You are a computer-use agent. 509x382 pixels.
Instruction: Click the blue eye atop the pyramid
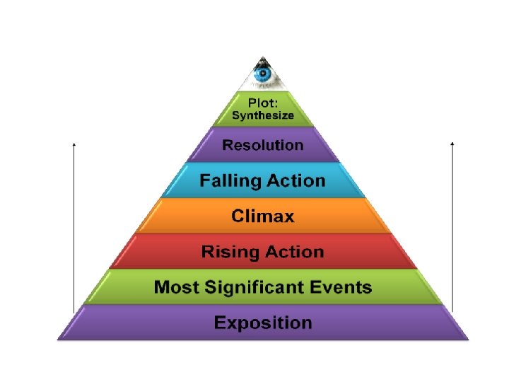[263, 73]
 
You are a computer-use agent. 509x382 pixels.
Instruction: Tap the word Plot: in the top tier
[263, 102]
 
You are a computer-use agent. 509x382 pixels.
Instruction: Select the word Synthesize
[263, 115]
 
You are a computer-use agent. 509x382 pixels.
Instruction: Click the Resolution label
[263, 145]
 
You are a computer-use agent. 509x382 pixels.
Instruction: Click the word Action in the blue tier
[296, 180]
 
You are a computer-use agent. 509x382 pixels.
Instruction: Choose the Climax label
[263, 216]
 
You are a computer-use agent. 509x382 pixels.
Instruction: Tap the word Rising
[227, 252]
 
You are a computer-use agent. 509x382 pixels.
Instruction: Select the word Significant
[261, 287]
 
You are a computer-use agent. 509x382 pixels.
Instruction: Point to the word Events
[346, 287]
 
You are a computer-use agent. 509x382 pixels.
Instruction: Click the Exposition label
[263, 323]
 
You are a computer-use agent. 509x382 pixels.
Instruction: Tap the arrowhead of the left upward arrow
[74, 144]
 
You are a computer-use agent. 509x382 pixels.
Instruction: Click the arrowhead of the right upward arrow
[452, 144]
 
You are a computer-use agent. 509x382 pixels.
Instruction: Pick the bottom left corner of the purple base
[59, 339]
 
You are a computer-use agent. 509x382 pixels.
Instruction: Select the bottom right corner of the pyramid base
[467, 339]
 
